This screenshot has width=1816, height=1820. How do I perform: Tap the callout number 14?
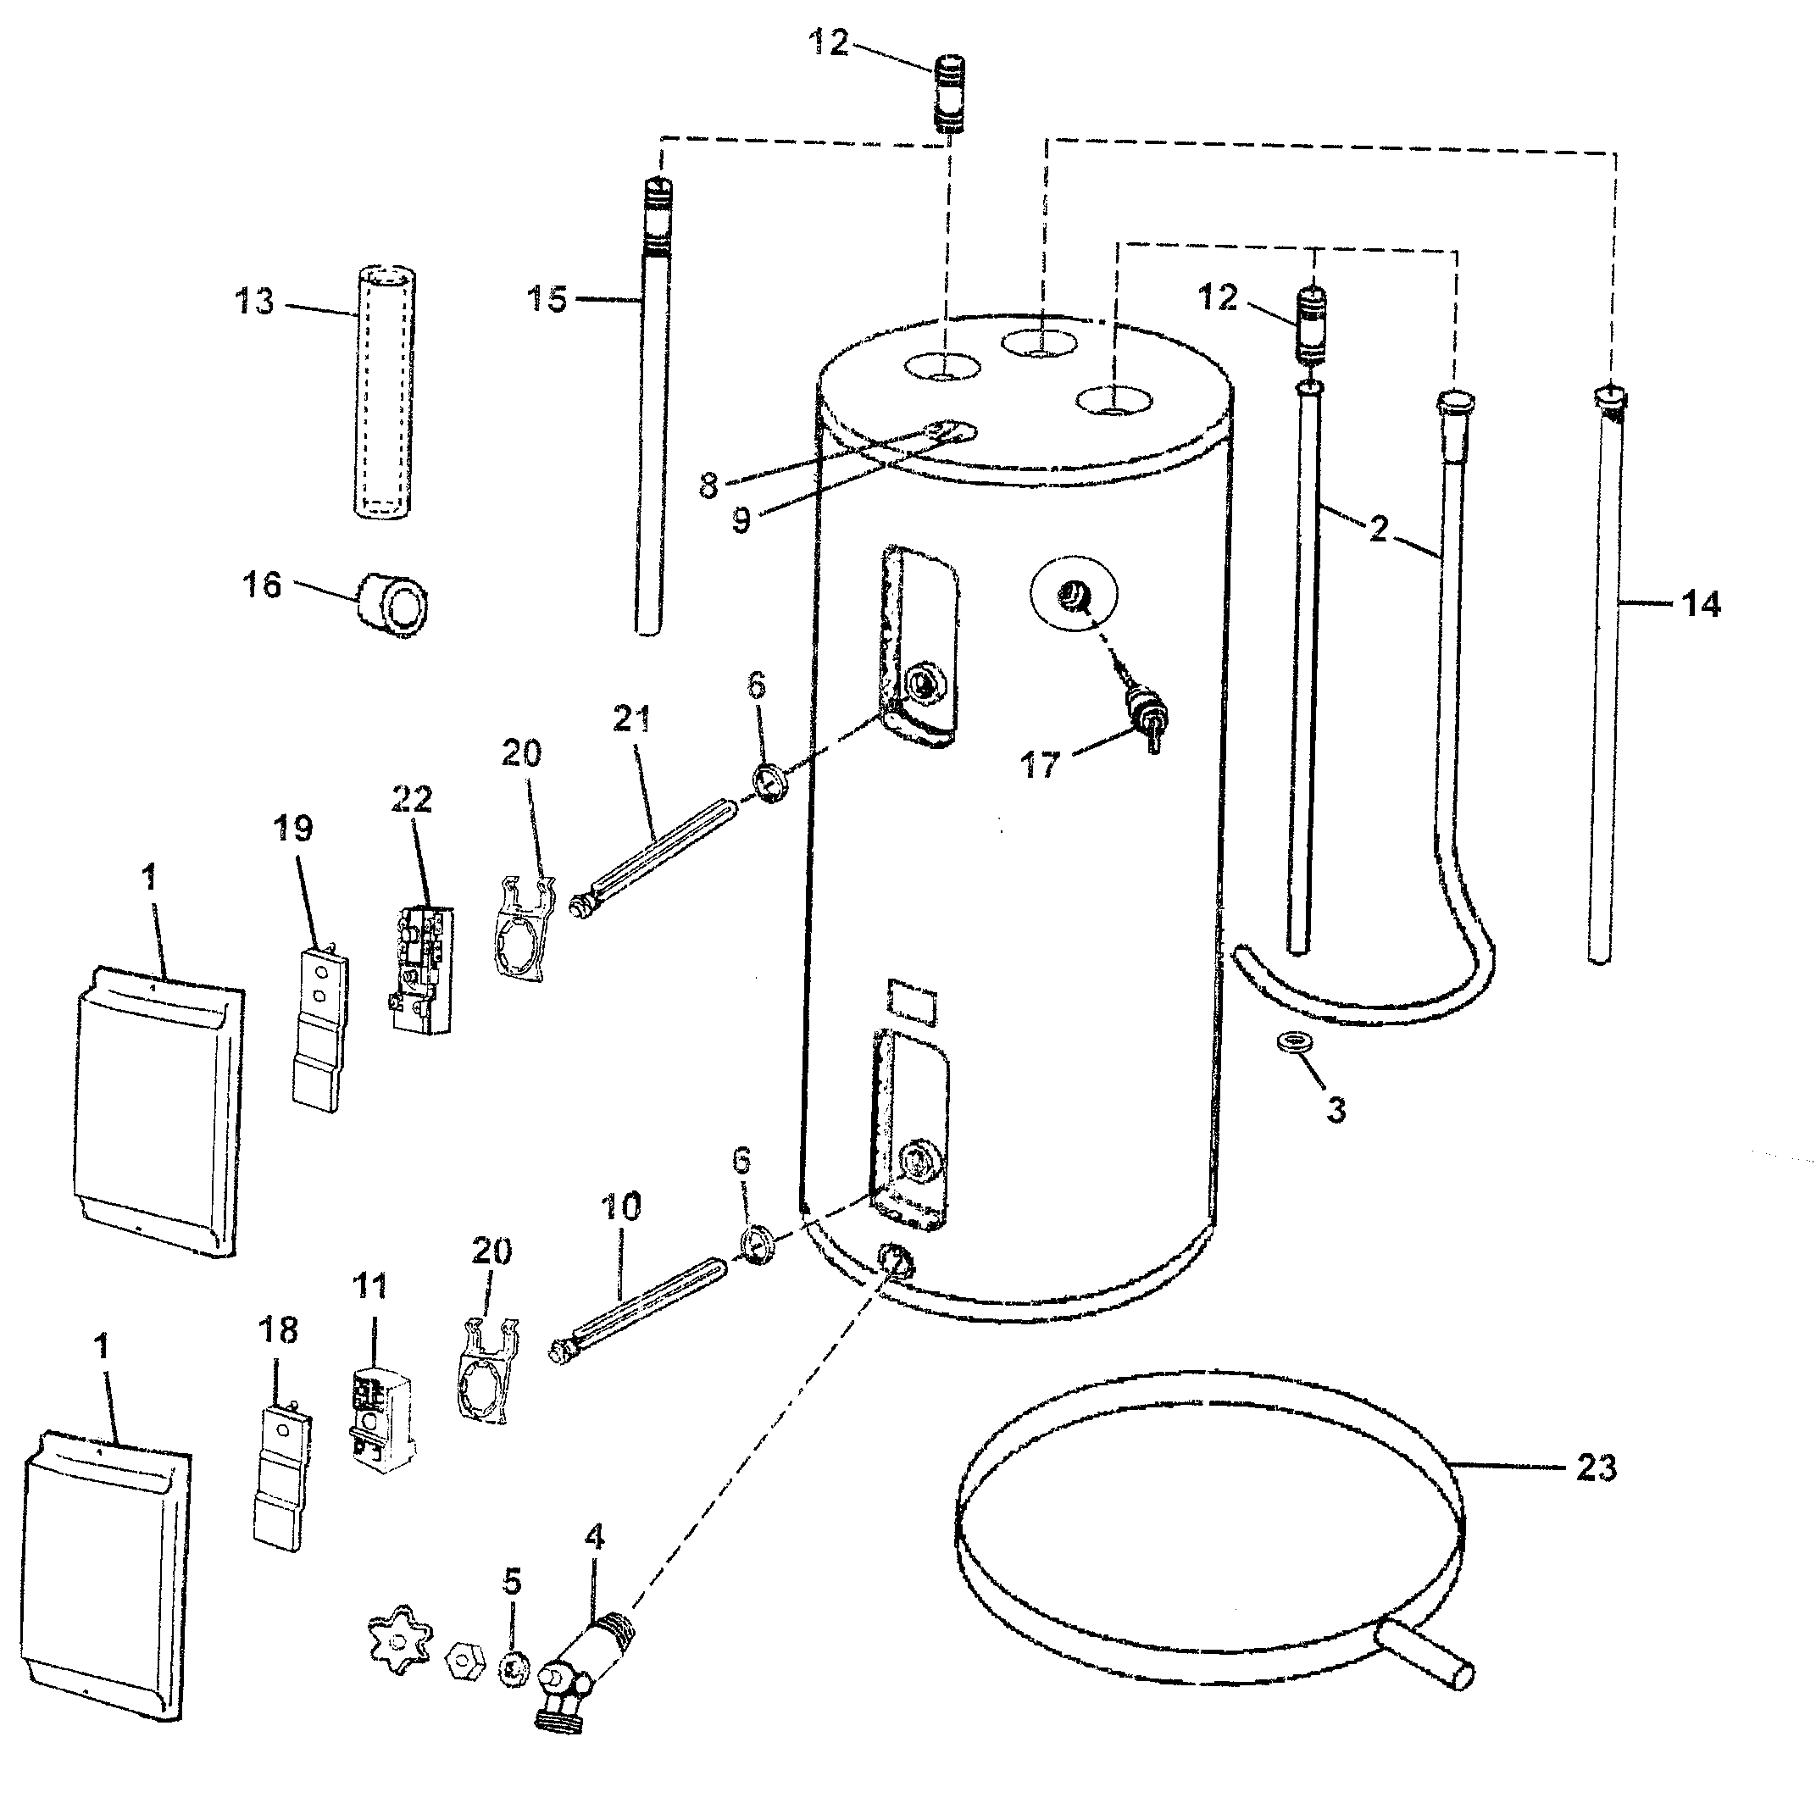click(1700, 604)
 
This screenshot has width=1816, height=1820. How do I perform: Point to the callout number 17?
click(1040, 766)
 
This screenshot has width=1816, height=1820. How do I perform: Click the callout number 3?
click(1336, 1111)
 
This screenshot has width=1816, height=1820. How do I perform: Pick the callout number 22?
click(412, 799)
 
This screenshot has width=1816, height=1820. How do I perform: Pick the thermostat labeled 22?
click(421, 969)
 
